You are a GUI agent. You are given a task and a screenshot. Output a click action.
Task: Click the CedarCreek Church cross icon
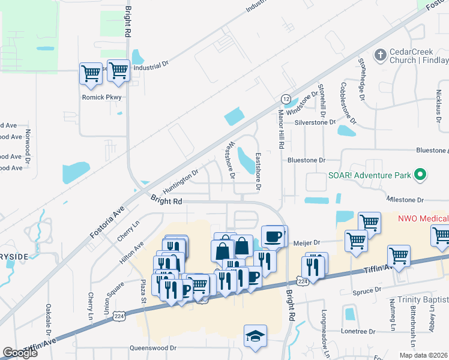pyautogui.click(x=379, y=56)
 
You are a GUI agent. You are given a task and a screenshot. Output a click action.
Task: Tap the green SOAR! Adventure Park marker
pyautogui.click(x=420, y=175)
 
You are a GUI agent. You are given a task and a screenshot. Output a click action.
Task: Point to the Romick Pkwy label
pyautogui.click(x=101, y=97)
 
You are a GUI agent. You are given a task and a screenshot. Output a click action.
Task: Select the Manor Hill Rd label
pyautogui.click(x=280, y=129)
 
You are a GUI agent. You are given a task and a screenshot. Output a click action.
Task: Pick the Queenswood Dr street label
pyautogui.click(x=153, y=347)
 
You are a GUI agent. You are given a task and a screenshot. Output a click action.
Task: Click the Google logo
pyautogui.click(x=20, y=353)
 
